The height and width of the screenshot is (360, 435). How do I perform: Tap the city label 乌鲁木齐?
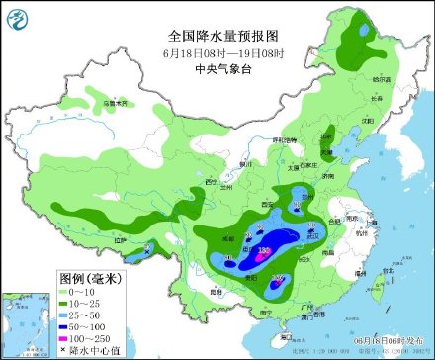tap(117, 101)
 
